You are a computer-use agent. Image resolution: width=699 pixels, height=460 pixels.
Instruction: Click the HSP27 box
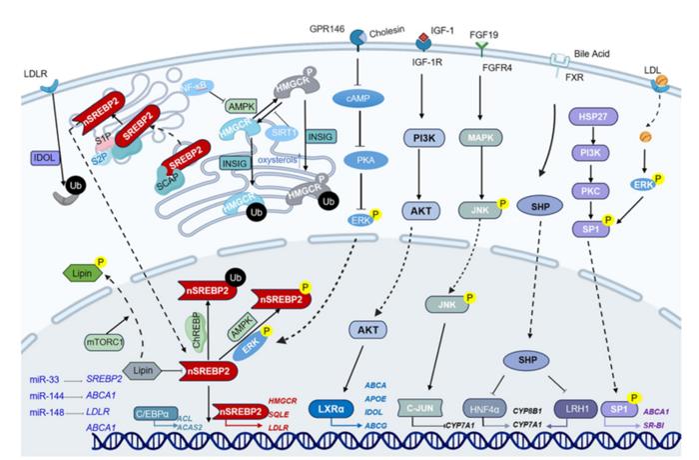pyautogui.click(x=590, y=117)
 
